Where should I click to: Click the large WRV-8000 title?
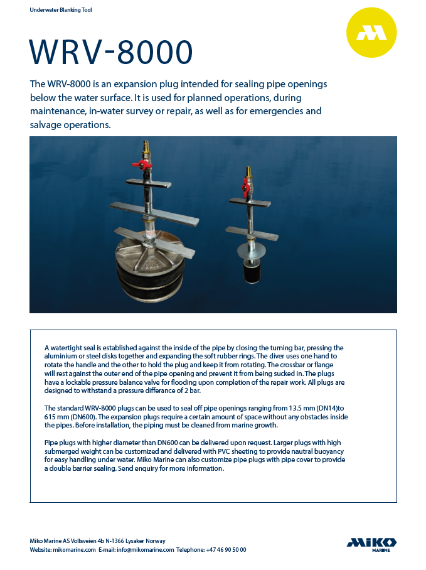111,53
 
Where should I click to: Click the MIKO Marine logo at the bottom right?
371,544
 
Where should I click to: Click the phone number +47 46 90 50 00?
226,550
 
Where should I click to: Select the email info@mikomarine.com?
146,550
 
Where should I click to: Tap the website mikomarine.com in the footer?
73,550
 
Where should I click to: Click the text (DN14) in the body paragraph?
316,408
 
